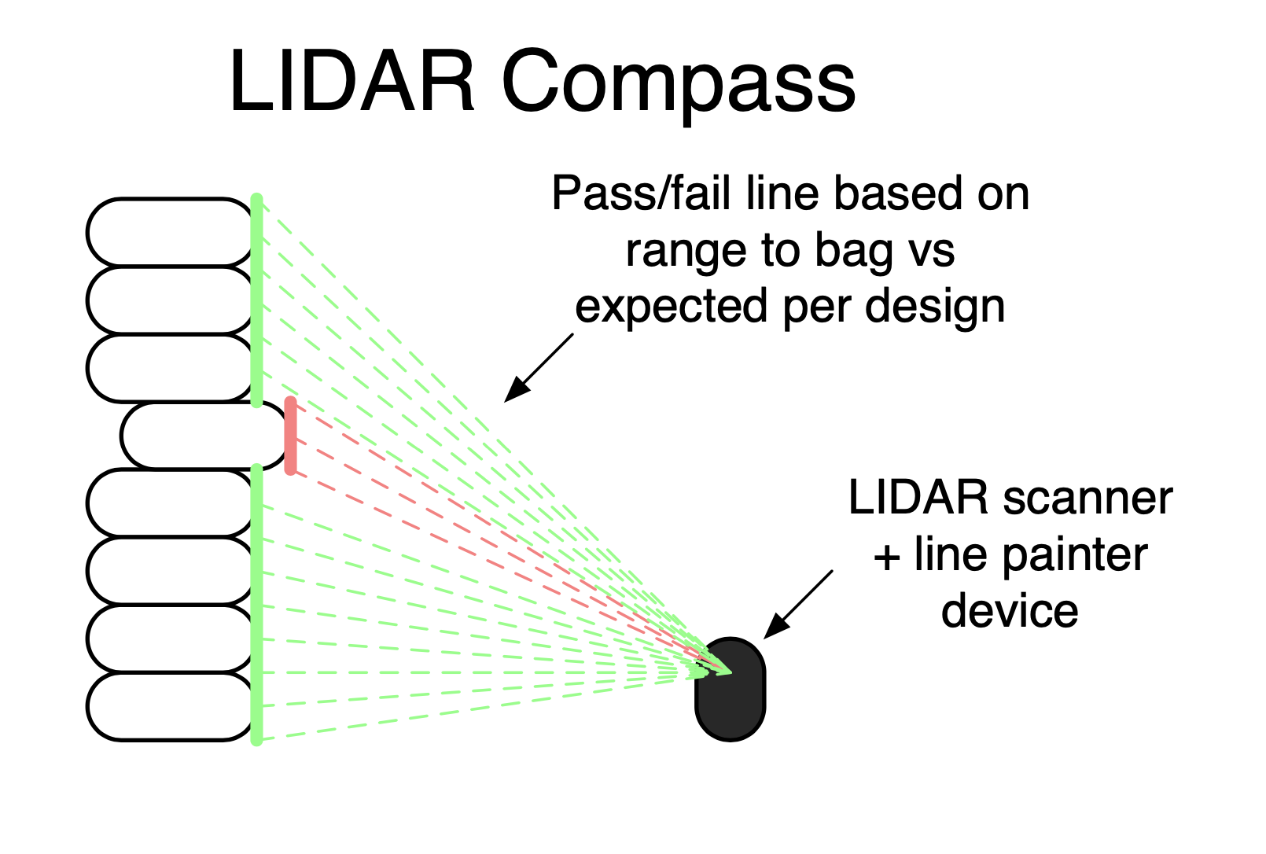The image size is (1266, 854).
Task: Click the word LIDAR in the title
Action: (351, 81)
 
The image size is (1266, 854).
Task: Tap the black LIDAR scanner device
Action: (731, 689)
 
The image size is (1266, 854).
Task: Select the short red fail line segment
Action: (290, 436)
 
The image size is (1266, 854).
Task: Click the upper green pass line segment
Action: (256, 300)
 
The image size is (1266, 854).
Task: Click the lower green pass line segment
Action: (256, 605)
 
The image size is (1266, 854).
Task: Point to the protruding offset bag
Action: (204, 436)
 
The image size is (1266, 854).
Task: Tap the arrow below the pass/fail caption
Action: (539, 368)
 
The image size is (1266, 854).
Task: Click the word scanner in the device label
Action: (1088, 499)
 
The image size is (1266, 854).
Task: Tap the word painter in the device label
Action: (1075, 557)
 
